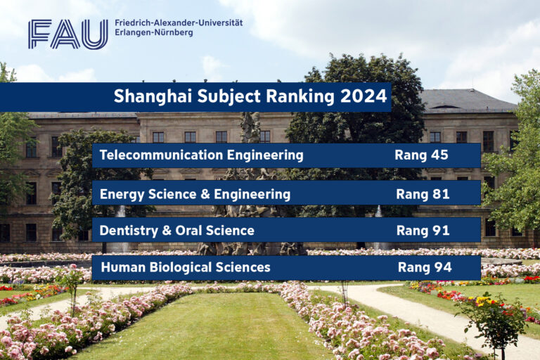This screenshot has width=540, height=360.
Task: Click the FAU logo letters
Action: pyautogui.click(x=68, y=34)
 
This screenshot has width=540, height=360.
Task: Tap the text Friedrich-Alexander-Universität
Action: pyautogui.click(x=179, y=22)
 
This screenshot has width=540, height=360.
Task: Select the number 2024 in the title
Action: pyautogui.click(x=364, y=96)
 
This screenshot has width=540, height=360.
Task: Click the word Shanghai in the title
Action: pyautogui.click(x=149, y=96)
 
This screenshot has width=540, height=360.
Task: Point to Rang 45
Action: pyautogui.click(x=421, y=155)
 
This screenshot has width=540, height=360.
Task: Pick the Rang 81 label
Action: pyautogui.click(x=423, y=193)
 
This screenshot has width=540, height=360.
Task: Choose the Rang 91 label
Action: pyautogui.click(x=423, y=230)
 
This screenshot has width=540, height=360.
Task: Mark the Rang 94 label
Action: pyautogui.click(x=424, y=267)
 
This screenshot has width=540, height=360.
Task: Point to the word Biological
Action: pyautogui.click(x=181, y=267)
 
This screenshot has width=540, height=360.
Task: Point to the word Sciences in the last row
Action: pyautogui.click(x=244, y=267)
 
